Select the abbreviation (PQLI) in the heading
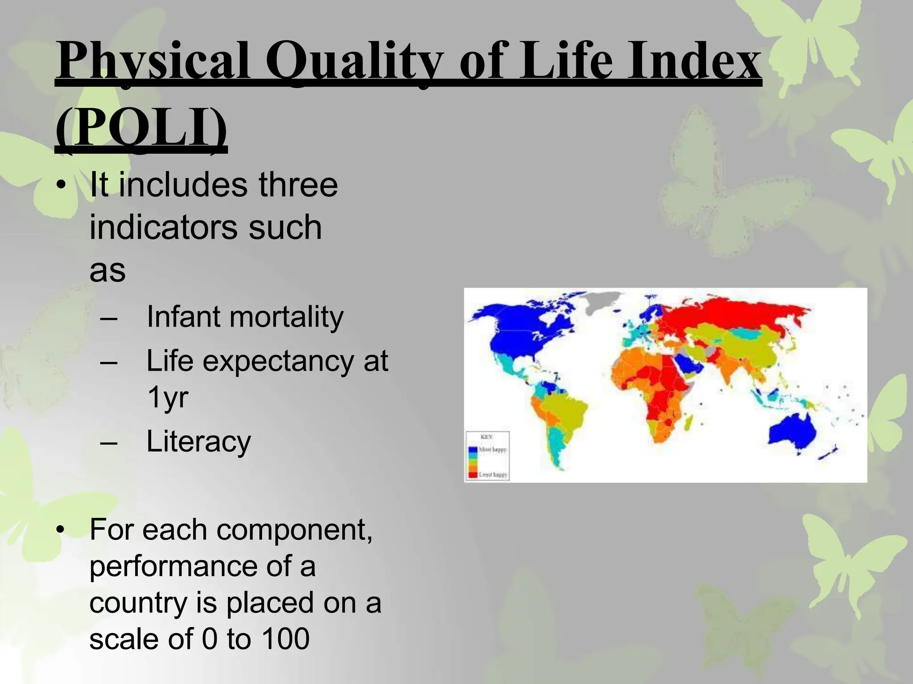(x=141, y=129)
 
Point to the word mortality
(x=287, y=317)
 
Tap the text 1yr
(x=168, y=397)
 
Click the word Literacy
(x=199, y=441)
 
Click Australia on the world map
(x=793, y=432)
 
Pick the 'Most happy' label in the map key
(x=493, y=450)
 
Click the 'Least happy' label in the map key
(x=493, y=475)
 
